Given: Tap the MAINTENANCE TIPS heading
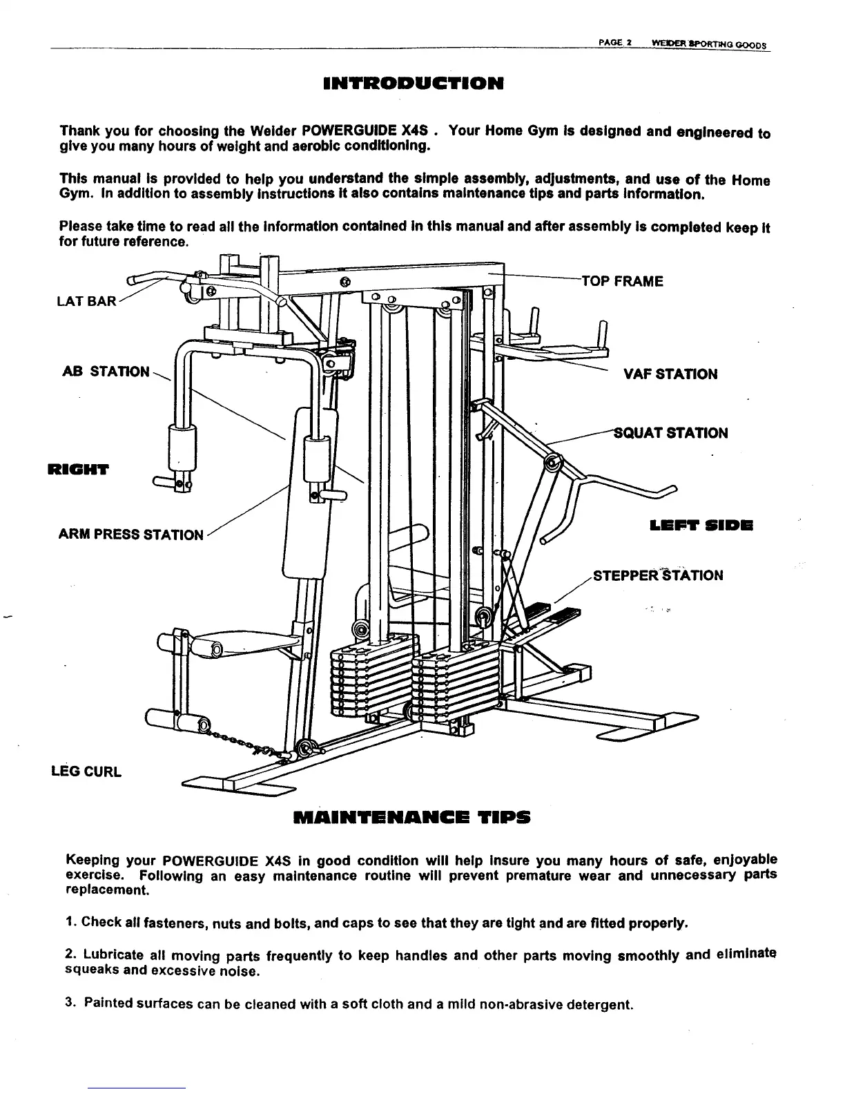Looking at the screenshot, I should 412,818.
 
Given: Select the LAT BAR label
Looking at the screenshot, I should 86,303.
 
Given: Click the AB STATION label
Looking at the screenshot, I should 106,372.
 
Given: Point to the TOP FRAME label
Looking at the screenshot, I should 622,281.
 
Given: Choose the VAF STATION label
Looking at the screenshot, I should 670,374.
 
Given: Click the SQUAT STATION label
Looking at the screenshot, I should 670,433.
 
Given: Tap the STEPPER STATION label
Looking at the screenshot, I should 658,575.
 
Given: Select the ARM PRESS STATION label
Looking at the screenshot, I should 132,535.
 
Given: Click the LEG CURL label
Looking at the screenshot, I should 86,771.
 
